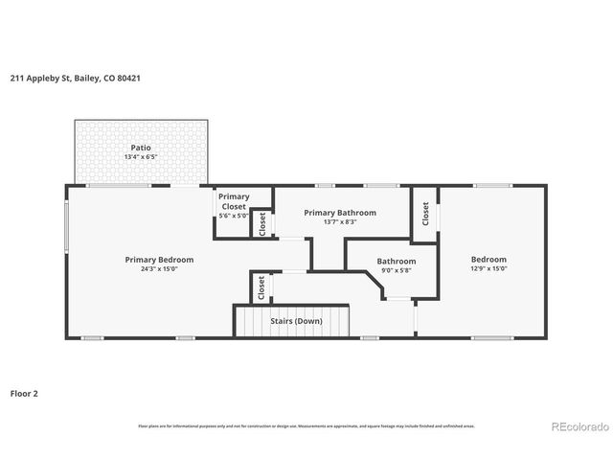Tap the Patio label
click(141, 148)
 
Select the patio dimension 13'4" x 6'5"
click(141, 157)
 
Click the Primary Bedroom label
click(159, 259)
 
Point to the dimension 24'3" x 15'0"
click(159, 269)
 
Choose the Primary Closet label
click(233, 201)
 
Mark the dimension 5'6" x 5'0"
click(233, 216)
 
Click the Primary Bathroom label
click(340, 212)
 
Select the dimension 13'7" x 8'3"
click(340, 222)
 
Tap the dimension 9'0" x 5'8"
click(396, 271)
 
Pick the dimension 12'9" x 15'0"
click(488, 269)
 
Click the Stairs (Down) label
click(295, 320)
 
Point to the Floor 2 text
click(24, 393)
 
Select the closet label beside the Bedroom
click(425, 216)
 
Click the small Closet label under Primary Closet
click(262, 223)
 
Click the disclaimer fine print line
click(306, 425)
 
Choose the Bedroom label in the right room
click(488, 259)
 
